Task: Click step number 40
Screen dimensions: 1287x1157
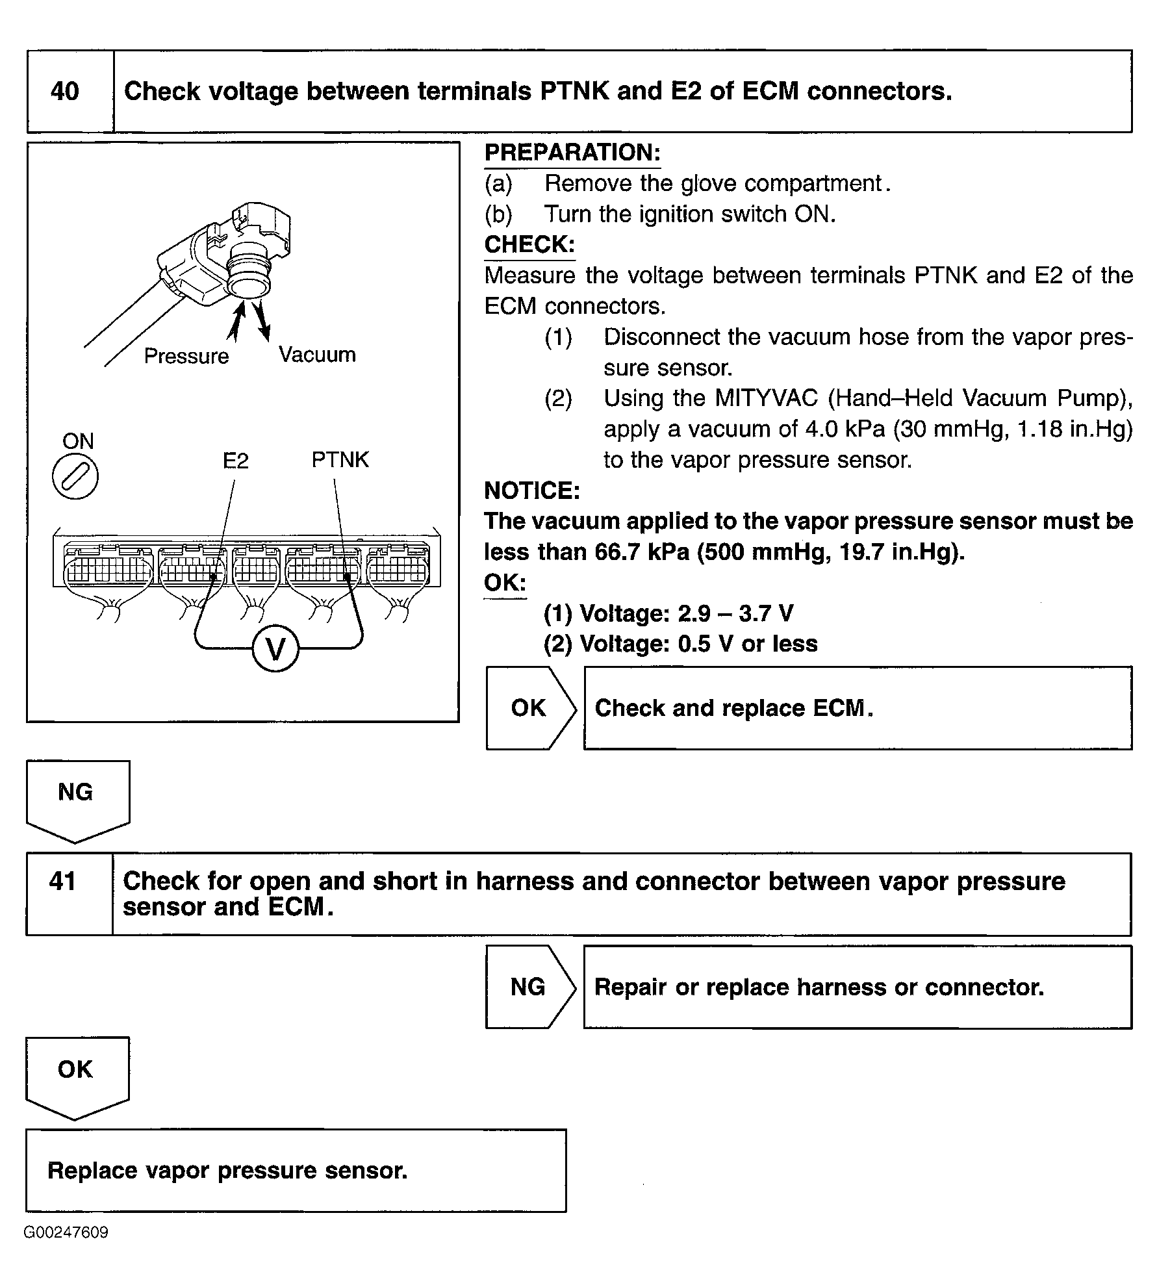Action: click(x=65, y=92)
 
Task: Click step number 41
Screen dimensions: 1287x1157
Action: click(x=63, y=881)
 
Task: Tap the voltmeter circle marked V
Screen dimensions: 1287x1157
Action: click(x=275, y=648)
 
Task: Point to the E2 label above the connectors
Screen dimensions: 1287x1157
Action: click(x=235, y=461)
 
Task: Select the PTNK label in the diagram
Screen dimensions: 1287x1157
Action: click(x=340, y=459)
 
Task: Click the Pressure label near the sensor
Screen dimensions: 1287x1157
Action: click(x=186, y=356)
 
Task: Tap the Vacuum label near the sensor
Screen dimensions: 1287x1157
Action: click(x=317, y=355)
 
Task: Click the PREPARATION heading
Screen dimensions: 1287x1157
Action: click(x=572, y=153)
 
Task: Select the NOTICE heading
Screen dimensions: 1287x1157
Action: click(x=532, y=491)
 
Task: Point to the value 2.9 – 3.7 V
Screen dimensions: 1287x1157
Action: click(x=735, y=613)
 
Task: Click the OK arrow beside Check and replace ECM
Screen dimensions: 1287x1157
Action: click(x=529, y=708)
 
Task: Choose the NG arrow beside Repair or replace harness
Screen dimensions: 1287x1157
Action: click(x=529, y=987)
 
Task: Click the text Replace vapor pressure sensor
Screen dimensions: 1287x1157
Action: click(x=227, y=1171)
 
